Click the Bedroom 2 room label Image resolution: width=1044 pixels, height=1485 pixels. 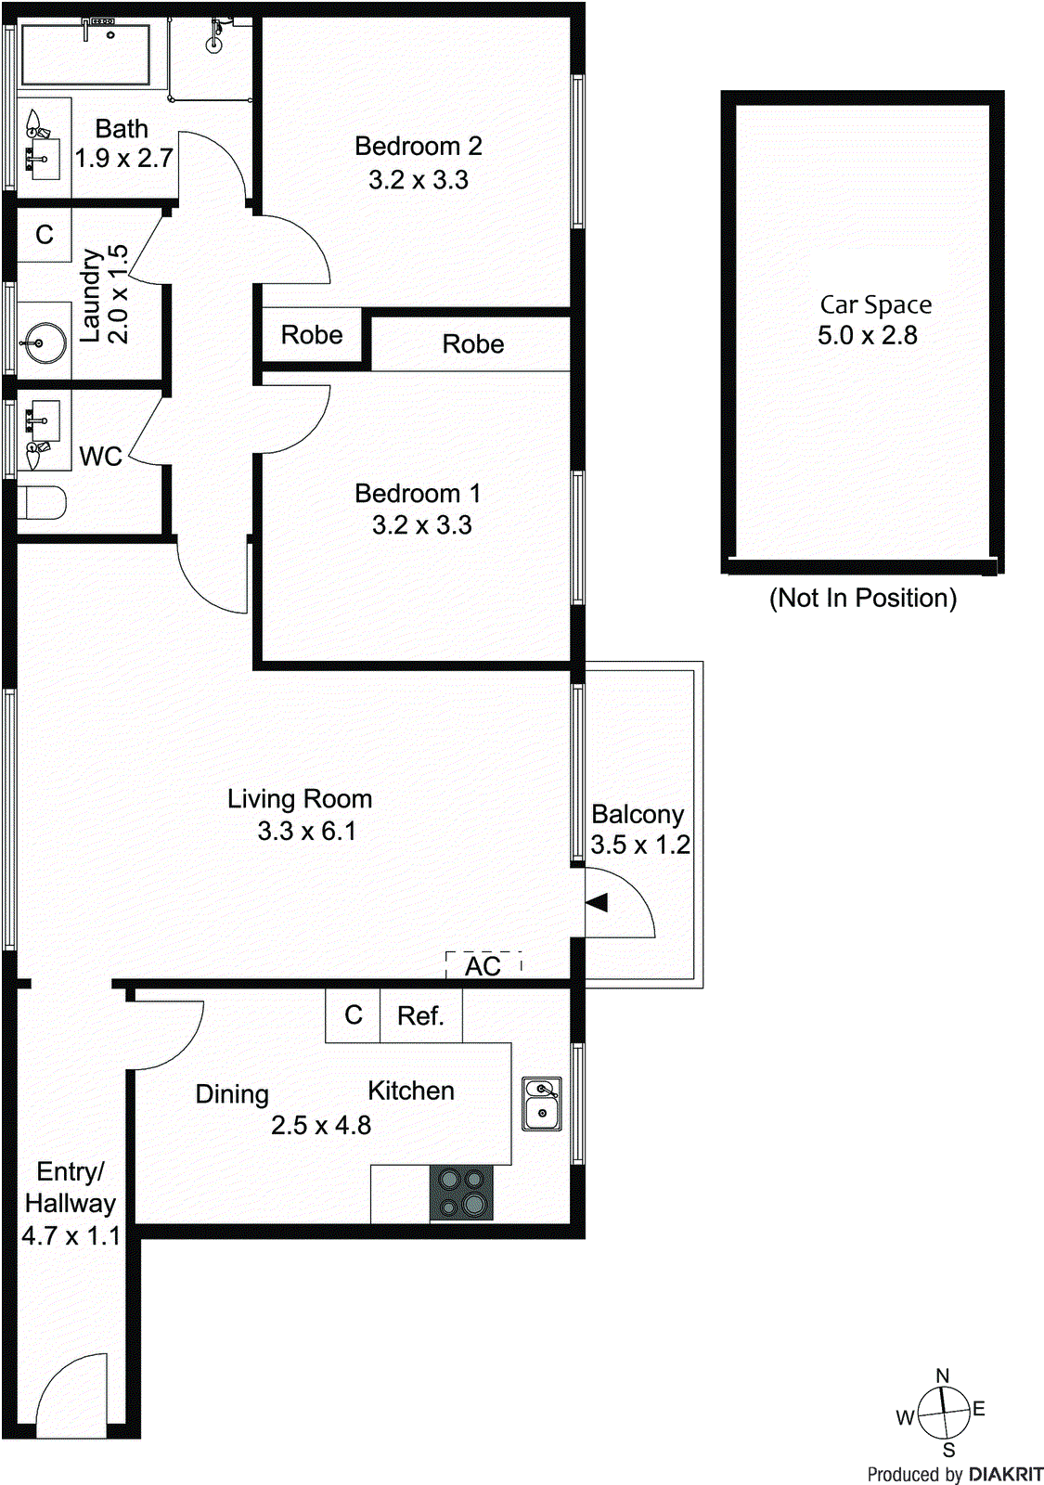point(418,147)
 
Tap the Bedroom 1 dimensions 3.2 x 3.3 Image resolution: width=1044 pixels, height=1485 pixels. point(422,525)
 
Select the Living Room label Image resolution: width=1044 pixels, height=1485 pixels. point(300,799)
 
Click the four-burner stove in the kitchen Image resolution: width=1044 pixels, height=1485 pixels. point(461,1193)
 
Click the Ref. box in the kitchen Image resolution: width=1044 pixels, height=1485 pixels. point(420,1015)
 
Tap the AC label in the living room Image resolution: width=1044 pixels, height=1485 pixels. point(483,966)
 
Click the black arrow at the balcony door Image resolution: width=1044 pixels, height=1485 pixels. point(597,901)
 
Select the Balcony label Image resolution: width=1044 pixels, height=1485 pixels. point(638,814)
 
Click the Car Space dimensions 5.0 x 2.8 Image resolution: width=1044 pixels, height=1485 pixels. point(867,335)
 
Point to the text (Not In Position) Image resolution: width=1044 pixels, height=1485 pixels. point(862,598)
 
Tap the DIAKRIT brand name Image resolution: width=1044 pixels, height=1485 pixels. point(1006,1474)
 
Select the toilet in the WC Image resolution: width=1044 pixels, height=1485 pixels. point(41,503)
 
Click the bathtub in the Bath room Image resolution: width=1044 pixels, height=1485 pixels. point(85,55)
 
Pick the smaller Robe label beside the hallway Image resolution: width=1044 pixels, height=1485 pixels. point(312,335)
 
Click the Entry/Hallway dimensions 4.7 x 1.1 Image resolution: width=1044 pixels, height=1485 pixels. point(71,1236)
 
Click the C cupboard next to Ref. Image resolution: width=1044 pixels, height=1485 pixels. point(353,1015)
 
